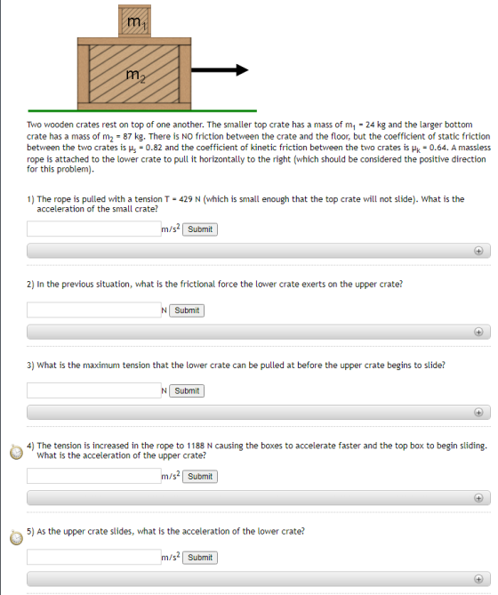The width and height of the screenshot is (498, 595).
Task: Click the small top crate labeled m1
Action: click(x=134, y=20)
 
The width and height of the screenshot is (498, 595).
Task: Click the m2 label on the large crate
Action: click(x=135, y=75)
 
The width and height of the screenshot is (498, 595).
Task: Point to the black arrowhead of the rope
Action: click(x=242, y=70)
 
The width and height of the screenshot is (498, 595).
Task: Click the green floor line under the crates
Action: click(x=142, y=111)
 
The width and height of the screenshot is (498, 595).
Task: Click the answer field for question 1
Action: click(x=94, y=229)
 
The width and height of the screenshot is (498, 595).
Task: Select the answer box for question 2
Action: click(x=94, y=310)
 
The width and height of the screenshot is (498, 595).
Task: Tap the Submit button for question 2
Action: click(x=187, y=310)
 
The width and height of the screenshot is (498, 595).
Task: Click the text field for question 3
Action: click(x=94, y=390)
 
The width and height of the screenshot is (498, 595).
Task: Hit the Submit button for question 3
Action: click(x=187, y=390)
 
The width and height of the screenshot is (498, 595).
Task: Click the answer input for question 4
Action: click(x=94, y=476)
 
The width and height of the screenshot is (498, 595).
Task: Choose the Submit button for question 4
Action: click(x=200, y=477)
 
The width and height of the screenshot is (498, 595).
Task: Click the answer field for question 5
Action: click(x=94, y=557)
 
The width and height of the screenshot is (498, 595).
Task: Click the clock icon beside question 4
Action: click(x=16, y=452)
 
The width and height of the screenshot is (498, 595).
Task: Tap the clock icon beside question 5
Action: click(x=16, y=538)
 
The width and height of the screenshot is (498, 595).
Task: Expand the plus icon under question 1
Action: click(x=478, y=251)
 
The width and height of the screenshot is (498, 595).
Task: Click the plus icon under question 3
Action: click(x=478, y=413)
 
